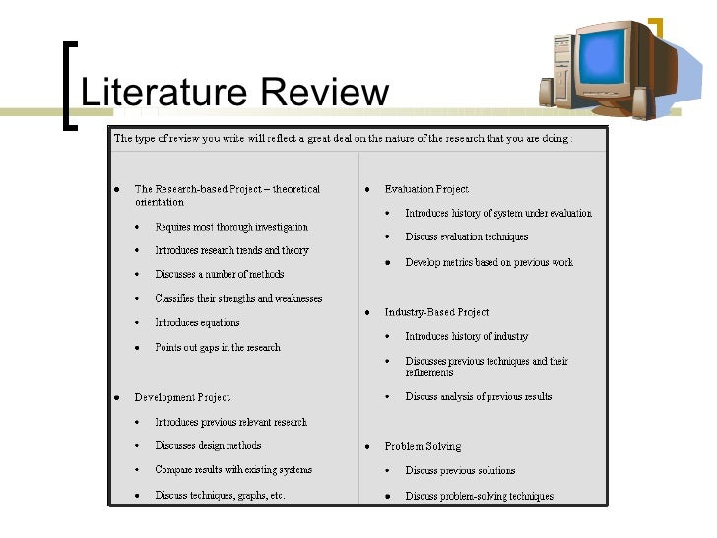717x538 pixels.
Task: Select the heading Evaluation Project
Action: click(x=426, y=189)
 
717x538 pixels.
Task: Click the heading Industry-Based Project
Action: click(x=436, y=312)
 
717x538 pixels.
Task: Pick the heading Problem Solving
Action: click(x=423, y=446)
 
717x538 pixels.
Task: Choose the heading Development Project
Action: click(x=182, y=397)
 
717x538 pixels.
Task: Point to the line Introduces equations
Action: click(x=197, y=322)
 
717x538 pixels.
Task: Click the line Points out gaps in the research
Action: click(x=218, y=347)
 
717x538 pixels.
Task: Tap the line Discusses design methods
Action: click(x=208, y=445)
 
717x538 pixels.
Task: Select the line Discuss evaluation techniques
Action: click(x=467, y=236)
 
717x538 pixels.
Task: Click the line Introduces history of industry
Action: click(x=467, y=336)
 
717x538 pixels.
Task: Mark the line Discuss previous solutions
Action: click(x=460, y=470)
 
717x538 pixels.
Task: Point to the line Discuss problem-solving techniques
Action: click(x=480, y=496)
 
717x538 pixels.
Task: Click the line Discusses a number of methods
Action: click(x=220, y=274)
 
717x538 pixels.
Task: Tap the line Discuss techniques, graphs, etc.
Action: click(x=220, y=495)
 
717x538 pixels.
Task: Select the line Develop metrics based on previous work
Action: click(x=489, y=262)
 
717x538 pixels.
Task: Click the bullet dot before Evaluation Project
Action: click(x=367, y=189)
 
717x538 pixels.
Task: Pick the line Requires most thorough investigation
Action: click(x=231, y=226)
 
